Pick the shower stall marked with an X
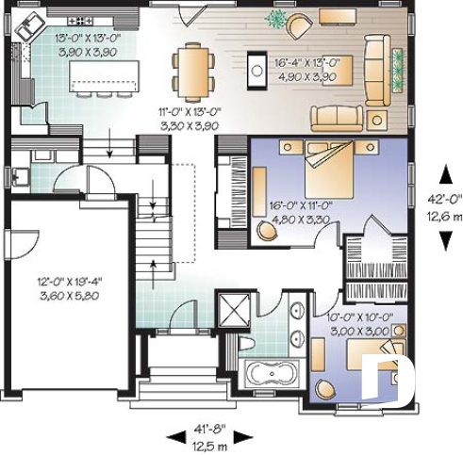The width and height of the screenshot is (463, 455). (232, 308)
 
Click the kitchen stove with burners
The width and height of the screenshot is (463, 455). (77, 18)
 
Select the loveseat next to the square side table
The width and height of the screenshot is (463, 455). (337, 117)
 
